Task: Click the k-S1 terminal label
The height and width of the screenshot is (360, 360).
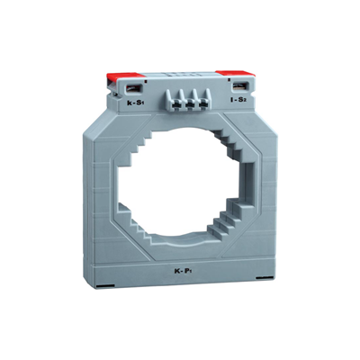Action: click(x=135, y=104)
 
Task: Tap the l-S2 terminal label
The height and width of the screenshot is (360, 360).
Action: click(x=239, y=101)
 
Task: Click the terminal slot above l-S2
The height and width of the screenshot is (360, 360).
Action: click(x=240, y=87)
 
